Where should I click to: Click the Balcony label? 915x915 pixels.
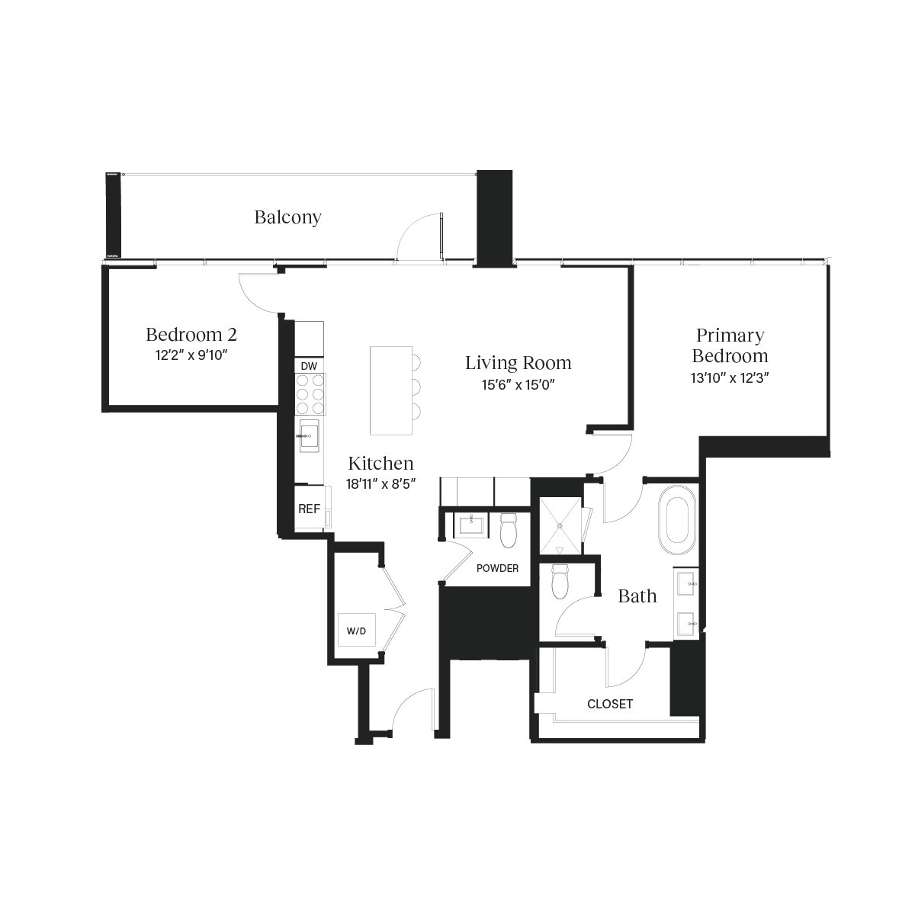tap(287, 217)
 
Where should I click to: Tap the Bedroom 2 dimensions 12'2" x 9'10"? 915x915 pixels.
tap(191, 355)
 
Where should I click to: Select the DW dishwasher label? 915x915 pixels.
tap(309, 366)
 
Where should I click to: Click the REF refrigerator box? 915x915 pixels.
tap(310, 508)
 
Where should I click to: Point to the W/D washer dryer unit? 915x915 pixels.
tap(357, 630)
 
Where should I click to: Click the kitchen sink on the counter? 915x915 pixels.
tap(309, 435)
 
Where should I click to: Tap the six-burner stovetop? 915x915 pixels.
tap(310, 394)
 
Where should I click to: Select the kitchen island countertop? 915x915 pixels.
tap(391, 390)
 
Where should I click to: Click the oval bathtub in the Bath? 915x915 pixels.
tap(676, 519)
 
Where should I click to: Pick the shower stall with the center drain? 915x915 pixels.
tap(560, 525)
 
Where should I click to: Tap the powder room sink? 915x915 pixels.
tap(471, 525)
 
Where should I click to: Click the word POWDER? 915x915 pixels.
tap(497, 568)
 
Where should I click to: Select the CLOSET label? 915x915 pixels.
tap(610, 705)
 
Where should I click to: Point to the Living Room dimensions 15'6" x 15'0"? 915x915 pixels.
tap(518, 384)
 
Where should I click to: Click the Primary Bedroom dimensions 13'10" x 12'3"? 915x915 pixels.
tap(730, 378)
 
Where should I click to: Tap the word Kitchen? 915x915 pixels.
tap(380, 463)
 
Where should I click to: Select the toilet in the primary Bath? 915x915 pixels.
tap(560, 581)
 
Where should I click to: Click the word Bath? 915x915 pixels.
tap(637, 596)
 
